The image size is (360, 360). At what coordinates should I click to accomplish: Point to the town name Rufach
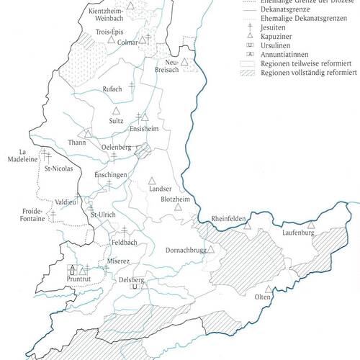click(x=113, y=88)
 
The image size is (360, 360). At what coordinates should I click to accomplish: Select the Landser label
click(x=160, y=189)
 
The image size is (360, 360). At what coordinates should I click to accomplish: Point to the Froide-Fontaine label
click(x=27, y=215)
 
